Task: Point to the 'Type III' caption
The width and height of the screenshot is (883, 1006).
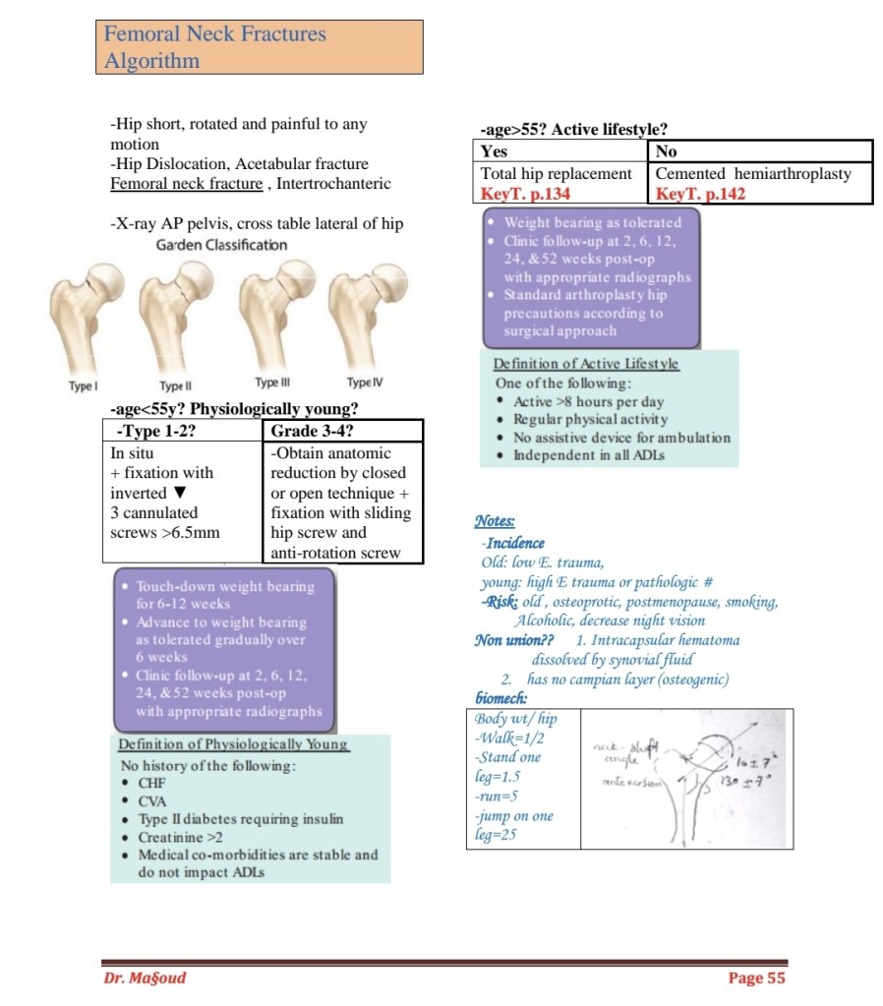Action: pyautogui.click(x=272, y=383)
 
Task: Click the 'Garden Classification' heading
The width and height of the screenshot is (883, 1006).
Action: pyautogui.click(x=222, y=245)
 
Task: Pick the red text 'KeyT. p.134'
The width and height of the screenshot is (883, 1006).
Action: pyautogui.click(x=525, y=194)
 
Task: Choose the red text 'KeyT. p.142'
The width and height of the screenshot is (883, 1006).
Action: pyautogui.click(x=700, y=194)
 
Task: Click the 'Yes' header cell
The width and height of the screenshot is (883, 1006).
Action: pyautogui.click(x=495, y=152)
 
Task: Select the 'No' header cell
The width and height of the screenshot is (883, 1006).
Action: pyautogui.click(x=666, y=152)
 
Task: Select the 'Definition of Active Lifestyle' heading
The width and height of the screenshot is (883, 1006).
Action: pyautogui.click(x=586, y=364)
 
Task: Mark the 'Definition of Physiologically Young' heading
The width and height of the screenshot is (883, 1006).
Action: pyautogui.click(x=234, y=744)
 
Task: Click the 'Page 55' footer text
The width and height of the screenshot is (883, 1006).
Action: pyautogui.click(x=756, y=977)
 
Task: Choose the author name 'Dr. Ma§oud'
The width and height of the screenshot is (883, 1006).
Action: pyautogui.click(x=145, y=977)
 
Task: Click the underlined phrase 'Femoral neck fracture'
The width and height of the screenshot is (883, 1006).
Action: pyautogui.click(x=187, y=184)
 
